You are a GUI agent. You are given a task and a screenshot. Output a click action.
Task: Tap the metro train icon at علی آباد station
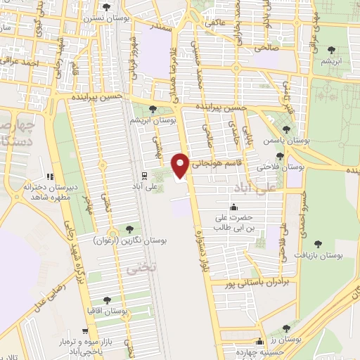[x=143, y=175]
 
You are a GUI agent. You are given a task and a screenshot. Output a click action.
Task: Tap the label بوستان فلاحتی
[x=280, y=168]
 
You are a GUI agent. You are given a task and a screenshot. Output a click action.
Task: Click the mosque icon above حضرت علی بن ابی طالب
[x=233, y=207]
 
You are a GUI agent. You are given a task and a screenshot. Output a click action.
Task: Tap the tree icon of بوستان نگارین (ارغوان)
[x=129, y=229]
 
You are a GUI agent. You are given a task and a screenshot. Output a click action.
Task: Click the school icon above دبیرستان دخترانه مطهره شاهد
[x=49, y=176]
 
